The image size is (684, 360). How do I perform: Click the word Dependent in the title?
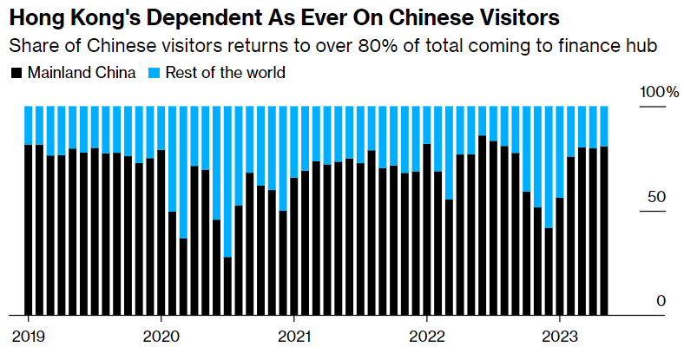[x=180, y=16]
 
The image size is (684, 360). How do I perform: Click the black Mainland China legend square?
[x=16, y=73]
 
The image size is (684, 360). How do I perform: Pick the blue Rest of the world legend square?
[x=156, y=73]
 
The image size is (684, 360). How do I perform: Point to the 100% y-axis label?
[x=660, y=93]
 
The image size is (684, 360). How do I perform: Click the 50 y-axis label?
[x=657, y=197]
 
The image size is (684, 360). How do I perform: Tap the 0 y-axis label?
[x=661, y=301]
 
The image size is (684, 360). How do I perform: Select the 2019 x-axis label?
[x=29, y=336]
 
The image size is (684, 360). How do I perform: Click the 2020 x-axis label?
[x=161, y=336]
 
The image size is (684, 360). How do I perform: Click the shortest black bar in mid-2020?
[x=227, y=286]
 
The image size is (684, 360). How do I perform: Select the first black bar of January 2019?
[x=29, y=229]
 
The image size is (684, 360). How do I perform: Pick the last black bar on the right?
[x=604, y=230]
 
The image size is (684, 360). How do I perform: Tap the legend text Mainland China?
[x=82, y=73]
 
